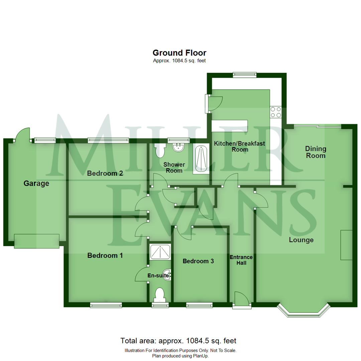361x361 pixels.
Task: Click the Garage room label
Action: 36,183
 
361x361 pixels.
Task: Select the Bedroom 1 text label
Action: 105,255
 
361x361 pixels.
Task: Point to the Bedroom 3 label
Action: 198,261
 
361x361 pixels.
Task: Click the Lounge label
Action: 301,240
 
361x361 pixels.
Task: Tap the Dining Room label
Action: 316,152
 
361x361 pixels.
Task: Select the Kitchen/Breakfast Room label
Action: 239,146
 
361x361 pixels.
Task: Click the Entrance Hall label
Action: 241,260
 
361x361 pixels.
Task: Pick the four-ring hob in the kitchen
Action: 276,112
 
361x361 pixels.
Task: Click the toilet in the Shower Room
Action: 160,151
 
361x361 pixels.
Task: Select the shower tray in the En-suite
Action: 160,251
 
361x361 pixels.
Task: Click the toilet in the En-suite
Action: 160,295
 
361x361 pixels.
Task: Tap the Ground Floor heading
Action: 179,53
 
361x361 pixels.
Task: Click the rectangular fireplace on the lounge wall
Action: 346,245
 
